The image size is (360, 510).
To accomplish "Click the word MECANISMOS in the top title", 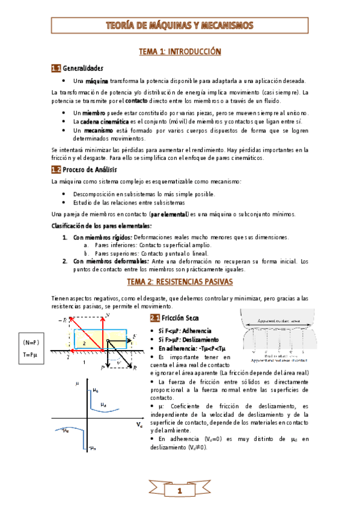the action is (224, 25).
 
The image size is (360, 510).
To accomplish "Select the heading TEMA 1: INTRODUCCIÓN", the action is (180, 52).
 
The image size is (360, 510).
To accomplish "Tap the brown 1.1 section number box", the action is (56, 68).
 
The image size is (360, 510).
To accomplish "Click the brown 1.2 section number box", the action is (56, 170).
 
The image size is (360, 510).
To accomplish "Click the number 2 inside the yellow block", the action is (85, 342).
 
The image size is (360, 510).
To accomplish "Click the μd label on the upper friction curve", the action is (103, 387).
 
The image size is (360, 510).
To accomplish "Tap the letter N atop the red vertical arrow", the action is (107, 315).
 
